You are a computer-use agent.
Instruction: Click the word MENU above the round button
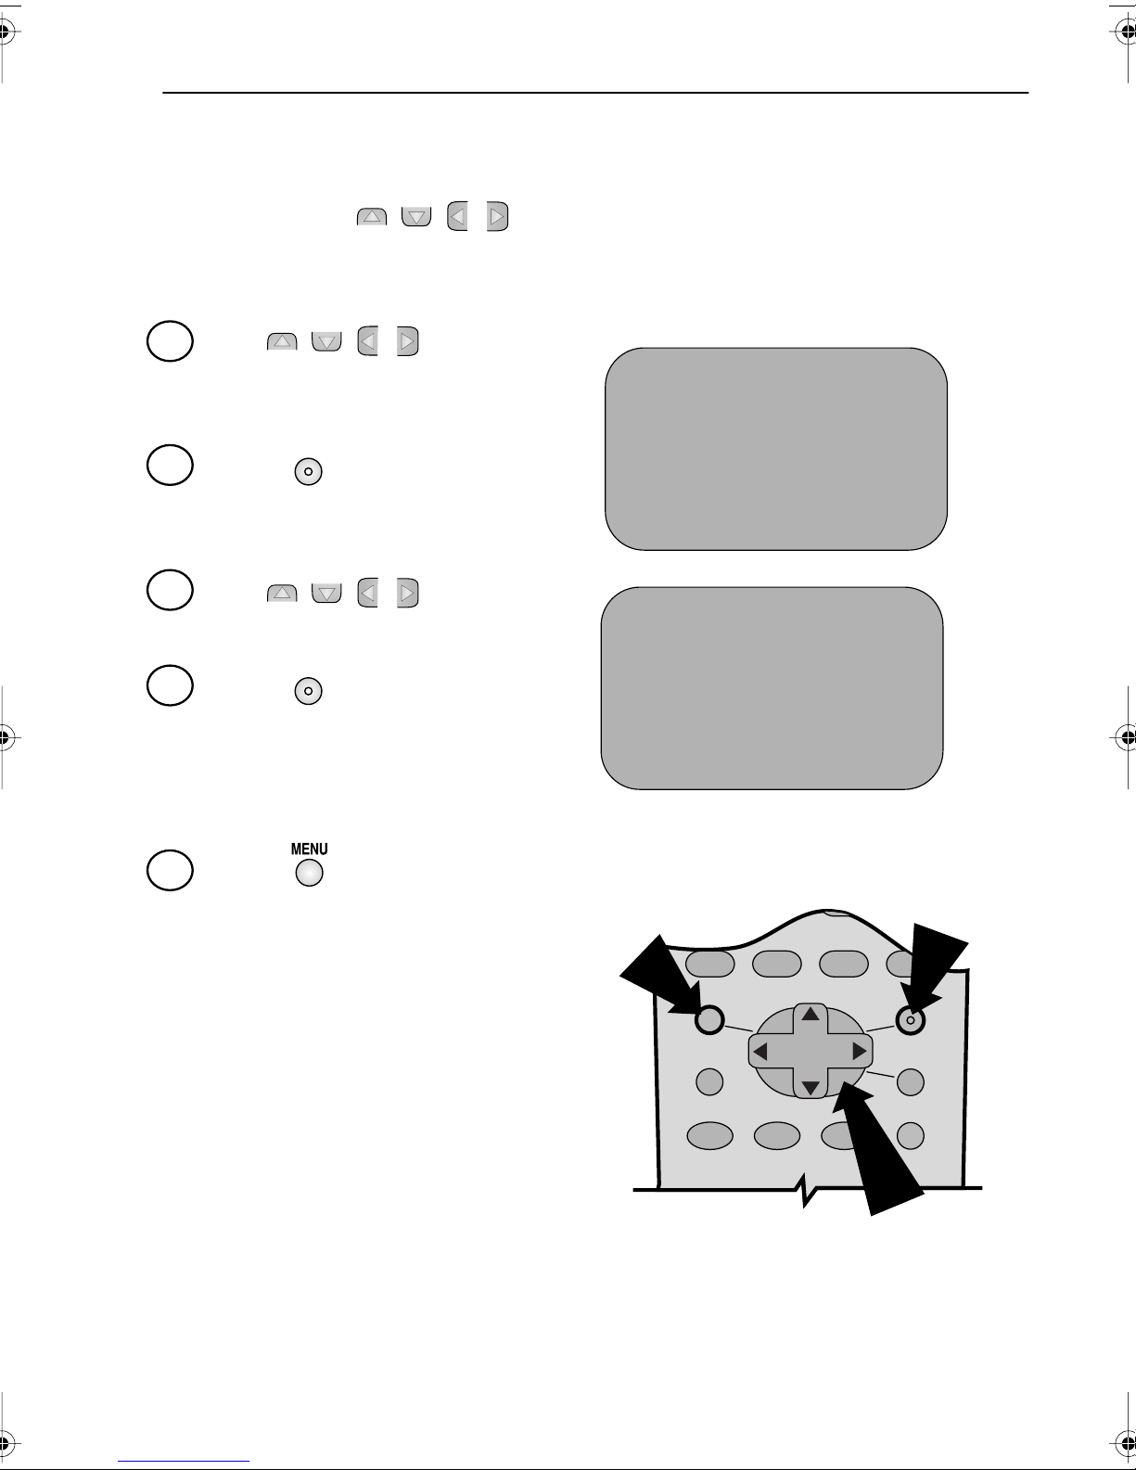coord(309,849)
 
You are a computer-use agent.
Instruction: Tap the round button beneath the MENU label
coord(309,873)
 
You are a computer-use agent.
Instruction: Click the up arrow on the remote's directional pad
coord(811,1014)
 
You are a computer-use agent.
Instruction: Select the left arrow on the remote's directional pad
coord(760,1052)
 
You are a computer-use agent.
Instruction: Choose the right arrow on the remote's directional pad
coord(860,1051)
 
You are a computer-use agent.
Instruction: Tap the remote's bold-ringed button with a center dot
coord(910,1020)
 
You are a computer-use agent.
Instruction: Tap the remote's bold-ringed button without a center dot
coord(709,1020)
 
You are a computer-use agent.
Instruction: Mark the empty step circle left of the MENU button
coord(170,870)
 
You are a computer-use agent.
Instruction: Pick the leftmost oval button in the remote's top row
coord(710,964)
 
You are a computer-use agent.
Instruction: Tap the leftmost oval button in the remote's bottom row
coord(710,1136)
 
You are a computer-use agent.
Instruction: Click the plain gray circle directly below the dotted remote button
coord(910,1082)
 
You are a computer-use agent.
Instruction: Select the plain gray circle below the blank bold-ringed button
coord(709,1081)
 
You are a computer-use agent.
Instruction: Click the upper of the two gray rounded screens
coord(775,449)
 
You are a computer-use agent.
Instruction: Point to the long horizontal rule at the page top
coord(595,93)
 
